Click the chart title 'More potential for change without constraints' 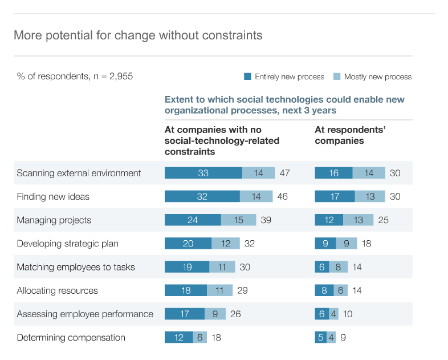click(x=138, y=35)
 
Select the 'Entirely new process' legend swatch click(x=247, y=76)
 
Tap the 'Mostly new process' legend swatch click(x=337, y=76)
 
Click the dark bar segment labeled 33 click(x=203, y=173)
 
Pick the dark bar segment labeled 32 click(x=202, y=196)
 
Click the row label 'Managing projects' click(x=54, y=220)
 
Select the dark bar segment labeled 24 click(x=193, y=220)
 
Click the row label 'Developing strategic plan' click(x=68, y=244)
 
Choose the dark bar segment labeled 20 click(x=188, y=244)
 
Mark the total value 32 click(x=249, y=244)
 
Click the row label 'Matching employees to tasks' click(x=76, y=267)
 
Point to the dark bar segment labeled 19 click(x=187, y=267)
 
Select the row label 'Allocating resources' click(x=58, y=290)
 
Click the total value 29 click(x=242, y=290)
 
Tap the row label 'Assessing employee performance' click(x=85, y=314)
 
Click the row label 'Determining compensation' click(x=71, y=337)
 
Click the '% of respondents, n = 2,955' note click(x=75, y=76)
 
